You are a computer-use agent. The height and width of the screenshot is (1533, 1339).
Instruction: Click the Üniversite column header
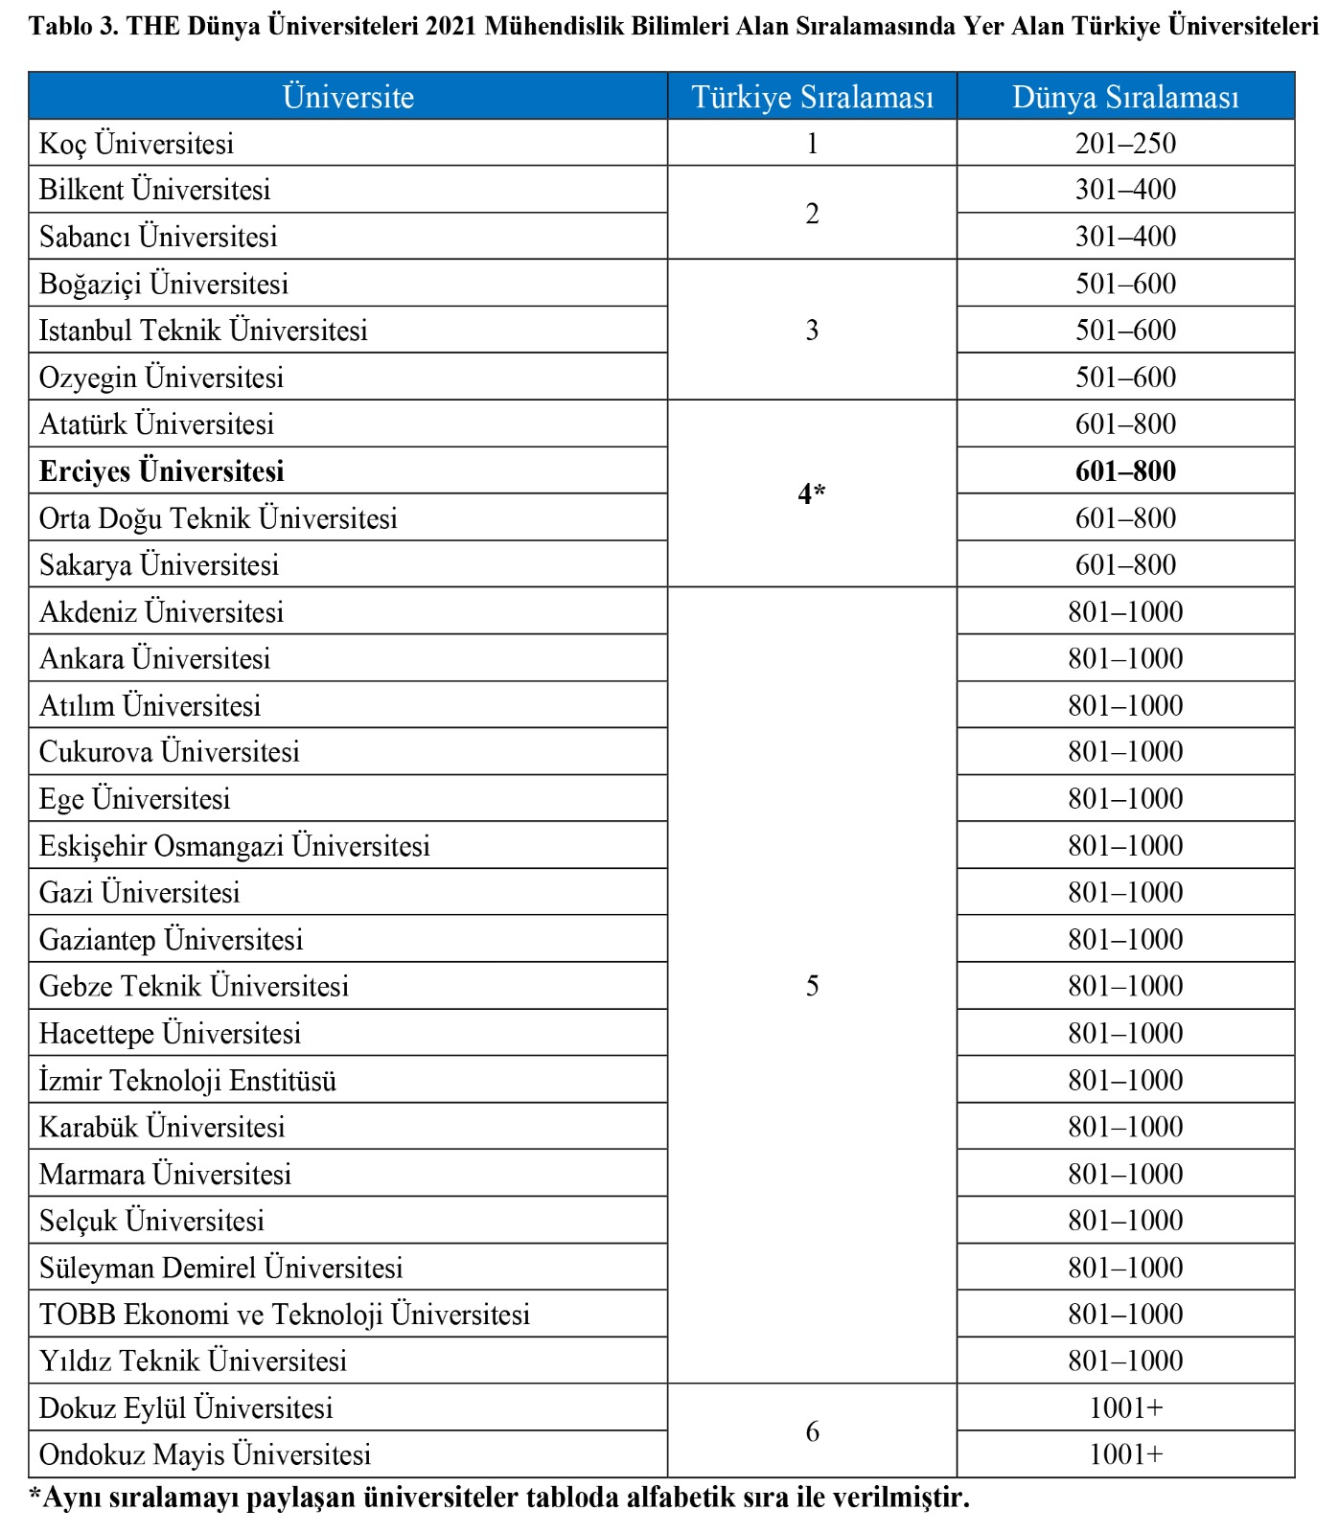point(348,97)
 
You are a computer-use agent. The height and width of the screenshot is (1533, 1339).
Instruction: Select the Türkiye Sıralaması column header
point(812,97)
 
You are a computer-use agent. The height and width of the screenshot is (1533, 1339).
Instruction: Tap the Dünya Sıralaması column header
point(1125,97)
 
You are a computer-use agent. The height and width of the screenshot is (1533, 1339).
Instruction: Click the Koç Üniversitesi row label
point(136,144)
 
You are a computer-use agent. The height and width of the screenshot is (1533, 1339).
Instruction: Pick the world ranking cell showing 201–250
point(1125,144)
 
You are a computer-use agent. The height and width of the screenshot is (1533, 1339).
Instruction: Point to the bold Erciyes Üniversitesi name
point(162,471)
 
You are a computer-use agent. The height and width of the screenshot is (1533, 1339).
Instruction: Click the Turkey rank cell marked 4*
point(812,494)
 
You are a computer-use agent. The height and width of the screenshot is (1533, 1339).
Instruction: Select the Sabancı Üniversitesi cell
point(158,237)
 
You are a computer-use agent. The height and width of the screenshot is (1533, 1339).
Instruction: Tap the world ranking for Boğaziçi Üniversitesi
point(1125,284)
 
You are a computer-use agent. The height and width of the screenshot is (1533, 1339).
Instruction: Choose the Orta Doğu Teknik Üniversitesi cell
point(219,518)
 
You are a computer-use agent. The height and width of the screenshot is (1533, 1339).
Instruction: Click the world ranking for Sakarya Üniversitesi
point(1125,565)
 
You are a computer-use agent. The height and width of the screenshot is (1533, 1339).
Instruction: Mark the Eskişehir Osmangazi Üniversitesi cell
point(235,846)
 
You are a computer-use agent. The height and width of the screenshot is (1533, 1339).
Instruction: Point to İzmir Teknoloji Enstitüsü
point(188,1081)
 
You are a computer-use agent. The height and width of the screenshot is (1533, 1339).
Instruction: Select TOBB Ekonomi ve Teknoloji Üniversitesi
point(285,1315)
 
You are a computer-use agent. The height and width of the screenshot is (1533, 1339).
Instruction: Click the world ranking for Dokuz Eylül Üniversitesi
point(1125,1408)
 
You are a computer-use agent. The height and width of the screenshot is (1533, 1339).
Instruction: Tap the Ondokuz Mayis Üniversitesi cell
point(205,1455)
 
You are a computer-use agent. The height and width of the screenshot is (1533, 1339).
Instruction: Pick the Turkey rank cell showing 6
point(812,1431)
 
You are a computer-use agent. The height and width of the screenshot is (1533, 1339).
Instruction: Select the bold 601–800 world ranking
point(1125,471)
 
